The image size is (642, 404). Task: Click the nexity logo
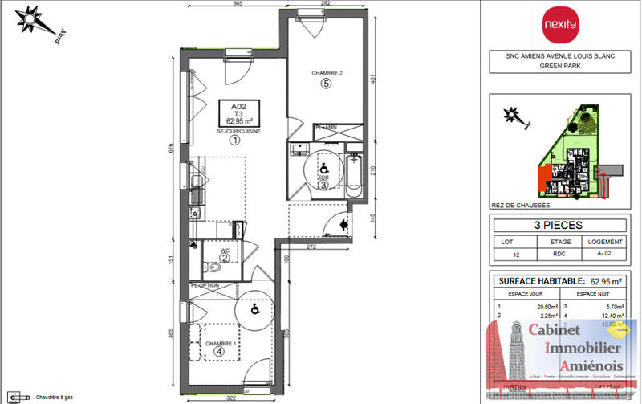[x=560, y=24]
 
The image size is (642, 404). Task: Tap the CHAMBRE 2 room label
[x=327, y=73]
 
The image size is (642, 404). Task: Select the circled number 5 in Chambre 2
[x=327, y=83]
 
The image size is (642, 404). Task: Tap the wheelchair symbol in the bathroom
[x=322, y=169]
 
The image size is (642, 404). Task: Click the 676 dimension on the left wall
[x=169, y=150]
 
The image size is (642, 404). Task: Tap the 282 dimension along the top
[x=325, y=4]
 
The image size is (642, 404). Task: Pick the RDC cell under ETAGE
[x=560, y=255]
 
